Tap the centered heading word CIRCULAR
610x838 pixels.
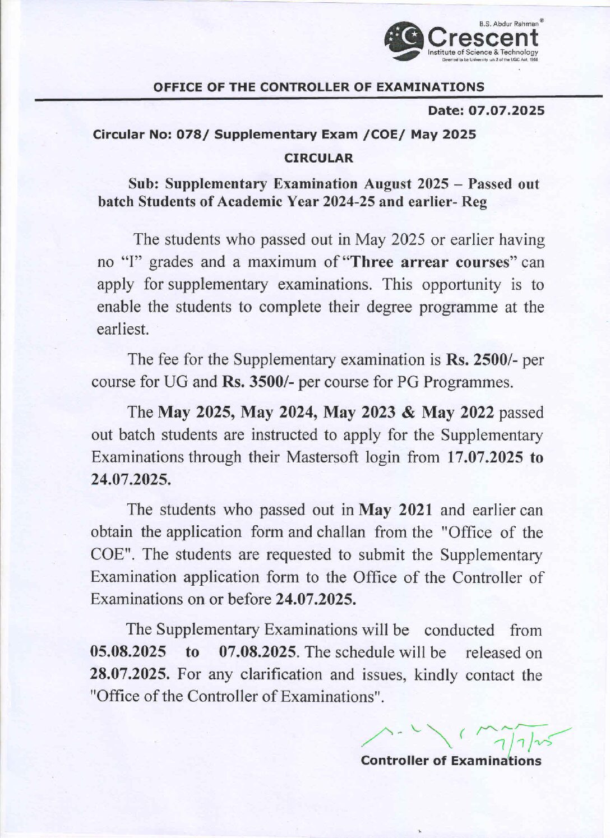(320, 158)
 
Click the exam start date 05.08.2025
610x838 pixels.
(128, 652)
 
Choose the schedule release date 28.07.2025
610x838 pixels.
(130, 674)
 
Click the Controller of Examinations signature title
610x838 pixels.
(452, 761)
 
